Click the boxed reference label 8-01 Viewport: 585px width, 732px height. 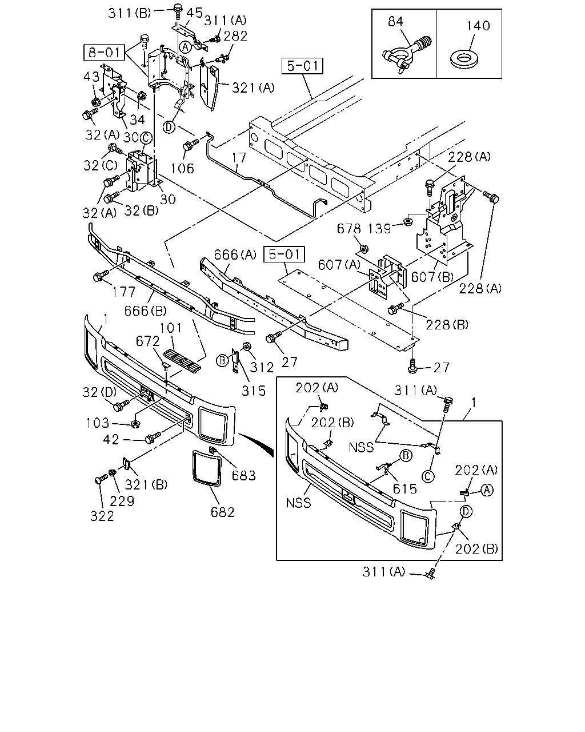105,53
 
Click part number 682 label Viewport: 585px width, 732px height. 223,512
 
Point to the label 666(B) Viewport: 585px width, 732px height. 146,311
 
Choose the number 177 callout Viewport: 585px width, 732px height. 124,292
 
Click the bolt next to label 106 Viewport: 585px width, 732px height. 190,144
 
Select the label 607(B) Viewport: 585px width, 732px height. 432,277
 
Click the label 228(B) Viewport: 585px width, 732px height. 447,325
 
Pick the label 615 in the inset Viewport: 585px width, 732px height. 404,489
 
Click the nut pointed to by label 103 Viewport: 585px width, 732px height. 135,424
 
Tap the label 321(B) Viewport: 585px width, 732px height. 146,484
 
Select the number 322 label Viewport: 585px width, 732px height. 102,516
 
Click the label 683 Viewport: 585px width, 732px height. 244,475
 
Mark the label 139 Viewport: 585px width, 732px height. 379,229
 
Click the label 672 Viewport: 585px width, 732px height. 147,341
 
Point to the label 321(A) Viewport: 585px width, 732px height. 253,87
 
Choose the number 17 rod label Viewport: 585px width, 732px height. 239,157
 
